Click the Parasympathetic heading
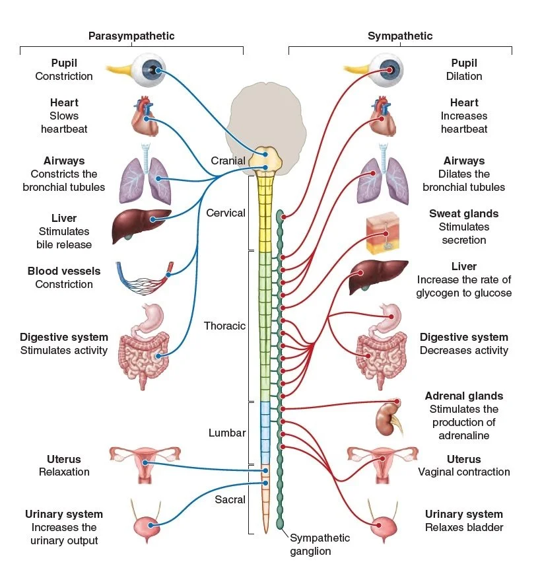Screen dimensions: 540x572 [x=131, y=36]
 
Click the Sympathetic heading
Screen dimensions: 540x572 [x=400, y=36]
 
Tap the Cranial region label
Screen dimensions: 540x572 [x=228, y=161]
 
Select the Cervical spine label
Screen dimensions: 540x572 [x=226, y=213]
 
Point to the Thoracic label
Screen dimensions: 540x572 [x=224, y=326]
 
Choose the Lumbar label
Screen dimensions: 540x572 [x=227, y=433]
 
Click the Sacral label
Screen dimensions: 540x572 [x=230, y=499]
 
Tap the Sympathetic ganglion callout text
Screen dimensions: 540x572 [x=320, y=544]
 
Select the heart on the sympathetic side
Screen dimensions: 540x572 [x=383, y=116]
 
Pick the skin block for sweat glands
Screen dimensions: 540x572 [x=383, y=233]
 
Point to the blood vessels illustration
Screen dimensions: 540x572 [x=145, y=278]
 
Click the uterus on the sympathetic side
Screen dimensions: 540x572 [x=382, y=465]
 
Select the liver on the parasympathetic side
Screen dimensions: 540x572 [x=141, y=226]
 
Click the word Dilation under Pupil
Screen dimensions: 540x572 [x=464, y=76]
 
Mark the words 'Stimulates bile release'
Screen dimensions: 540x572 [x=64, y=238]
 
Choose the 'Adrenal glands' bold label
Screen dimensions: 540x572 [x=464, y=396]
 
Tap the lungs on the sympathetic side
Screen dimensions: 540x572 [x=383, y=174]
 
